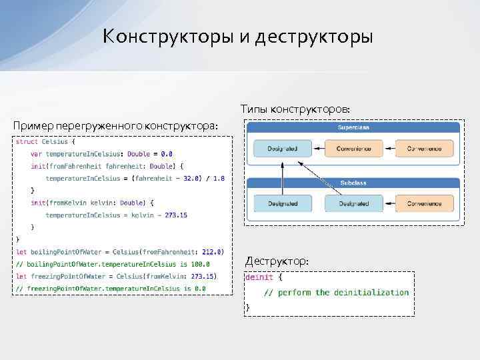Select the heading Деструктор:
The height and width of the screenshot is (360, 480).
[x=277, y=261]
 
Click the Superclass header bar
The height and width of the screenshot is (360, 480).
[x=354, y=127]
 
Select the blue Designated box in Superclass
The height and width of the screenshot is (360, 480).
[x=282, y=149]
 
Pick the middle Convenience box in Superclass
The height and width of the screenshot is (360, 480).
[x=354, y=149]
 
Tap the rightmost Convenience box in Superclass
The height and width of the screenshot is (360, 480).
[x=425, y=149]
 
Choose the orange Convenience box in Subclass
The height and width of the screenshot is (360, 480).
[x=425, y=203]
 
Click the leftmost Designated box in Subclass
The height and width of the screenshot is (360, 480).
[x=282, y=203]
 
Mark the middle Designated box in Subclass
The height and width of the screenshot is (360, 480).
[x=354, y=203]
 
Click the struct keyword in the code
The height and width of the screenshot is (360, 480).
[x=27, y=141]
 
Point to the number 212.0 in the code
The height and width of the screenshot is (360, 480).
[x=211, y=251]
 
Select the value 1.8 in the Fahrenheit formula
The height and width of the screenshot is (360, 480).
[x=218, y=178]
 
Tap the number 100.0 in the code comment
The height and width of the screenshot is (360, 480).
[x=198, y=263]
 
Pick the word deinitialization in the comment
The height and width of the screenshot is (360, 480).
[x=371, y=292]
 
